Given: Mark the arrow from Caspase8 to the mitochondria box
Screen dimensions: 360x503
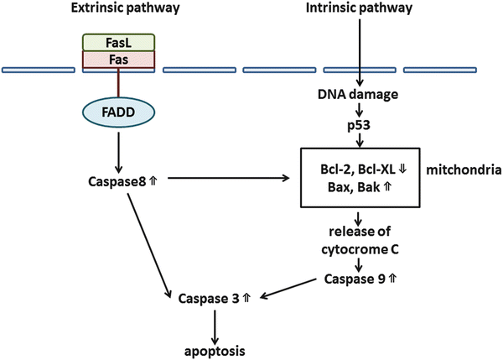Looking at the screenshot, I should [218, 179].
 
